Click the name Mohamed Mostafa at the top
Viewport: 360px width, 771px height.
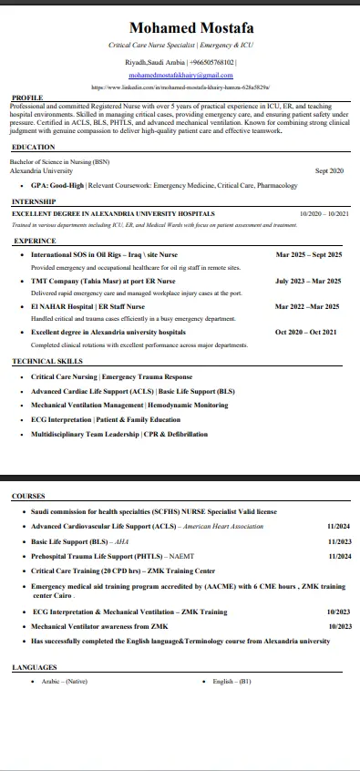click(x=180, y=28)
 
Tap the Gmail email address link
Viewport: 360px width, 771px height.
click(x=180, y=74)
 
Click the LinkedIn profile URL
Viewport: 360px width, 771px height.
click(x=180, y=87)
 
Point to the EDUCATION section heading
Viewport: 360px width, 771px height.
click(x=34, y=147)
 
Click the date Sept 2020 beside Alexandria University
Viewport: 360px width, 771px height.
click(x=329, y=170)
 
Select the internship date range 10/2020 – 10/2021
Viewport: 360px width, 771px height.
click(x=324, y=213)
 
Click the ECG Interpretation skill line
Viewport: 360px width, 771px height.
click(x=106, y=419)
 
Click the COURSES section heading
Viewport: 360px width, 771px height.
click(x=29, y=496)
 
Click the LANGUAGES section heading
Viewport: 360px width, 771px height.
click(x=35, y=668)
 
